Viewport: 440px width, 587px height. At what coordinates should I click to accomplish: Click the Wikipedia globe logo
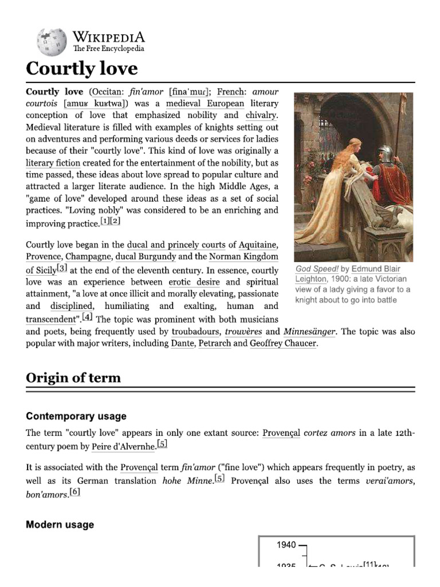point(52,42)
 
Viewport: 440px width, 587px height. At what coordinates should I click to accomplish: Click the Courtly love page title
point(82,69)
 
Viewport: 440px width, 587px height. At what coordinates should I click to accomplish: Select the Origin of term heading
point(73,378)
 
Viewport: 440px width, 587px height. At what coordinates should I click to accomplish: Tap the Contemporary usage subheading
point(76,416)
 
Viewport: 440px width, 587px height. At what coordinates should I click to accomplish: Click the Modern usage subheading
point(60,525)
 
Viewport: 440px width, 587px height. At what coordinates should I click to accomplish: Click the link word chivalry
point(261,116)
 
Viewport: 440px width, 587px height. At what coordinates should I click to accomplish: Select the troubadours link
point(195,332)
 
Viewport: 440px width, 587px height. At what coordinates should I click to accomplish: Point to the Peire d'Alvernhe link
point(123,447)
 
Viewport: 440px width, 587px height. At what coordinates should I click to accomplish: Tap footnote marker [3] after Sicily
point(62,268)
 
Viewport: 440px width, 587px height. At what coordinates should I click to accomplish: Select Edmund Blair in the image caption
point(376,269)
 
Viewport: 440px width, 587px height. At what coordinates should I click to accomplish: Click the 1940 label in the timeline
point(286,545)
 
